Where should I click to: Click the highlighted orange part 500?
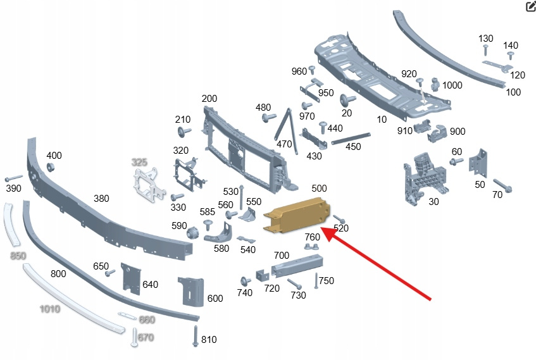point(296,214)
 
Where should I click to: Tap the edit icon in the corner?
point(530,7)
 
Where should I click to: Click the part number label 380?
point(101,198)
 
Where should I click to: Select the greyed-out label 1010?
point(49,309)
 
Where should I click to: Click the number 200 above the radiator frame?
point(209,99)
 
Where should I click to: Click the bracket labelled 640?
point(130,278)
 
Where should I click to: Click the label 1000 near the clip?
point(452,85)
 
